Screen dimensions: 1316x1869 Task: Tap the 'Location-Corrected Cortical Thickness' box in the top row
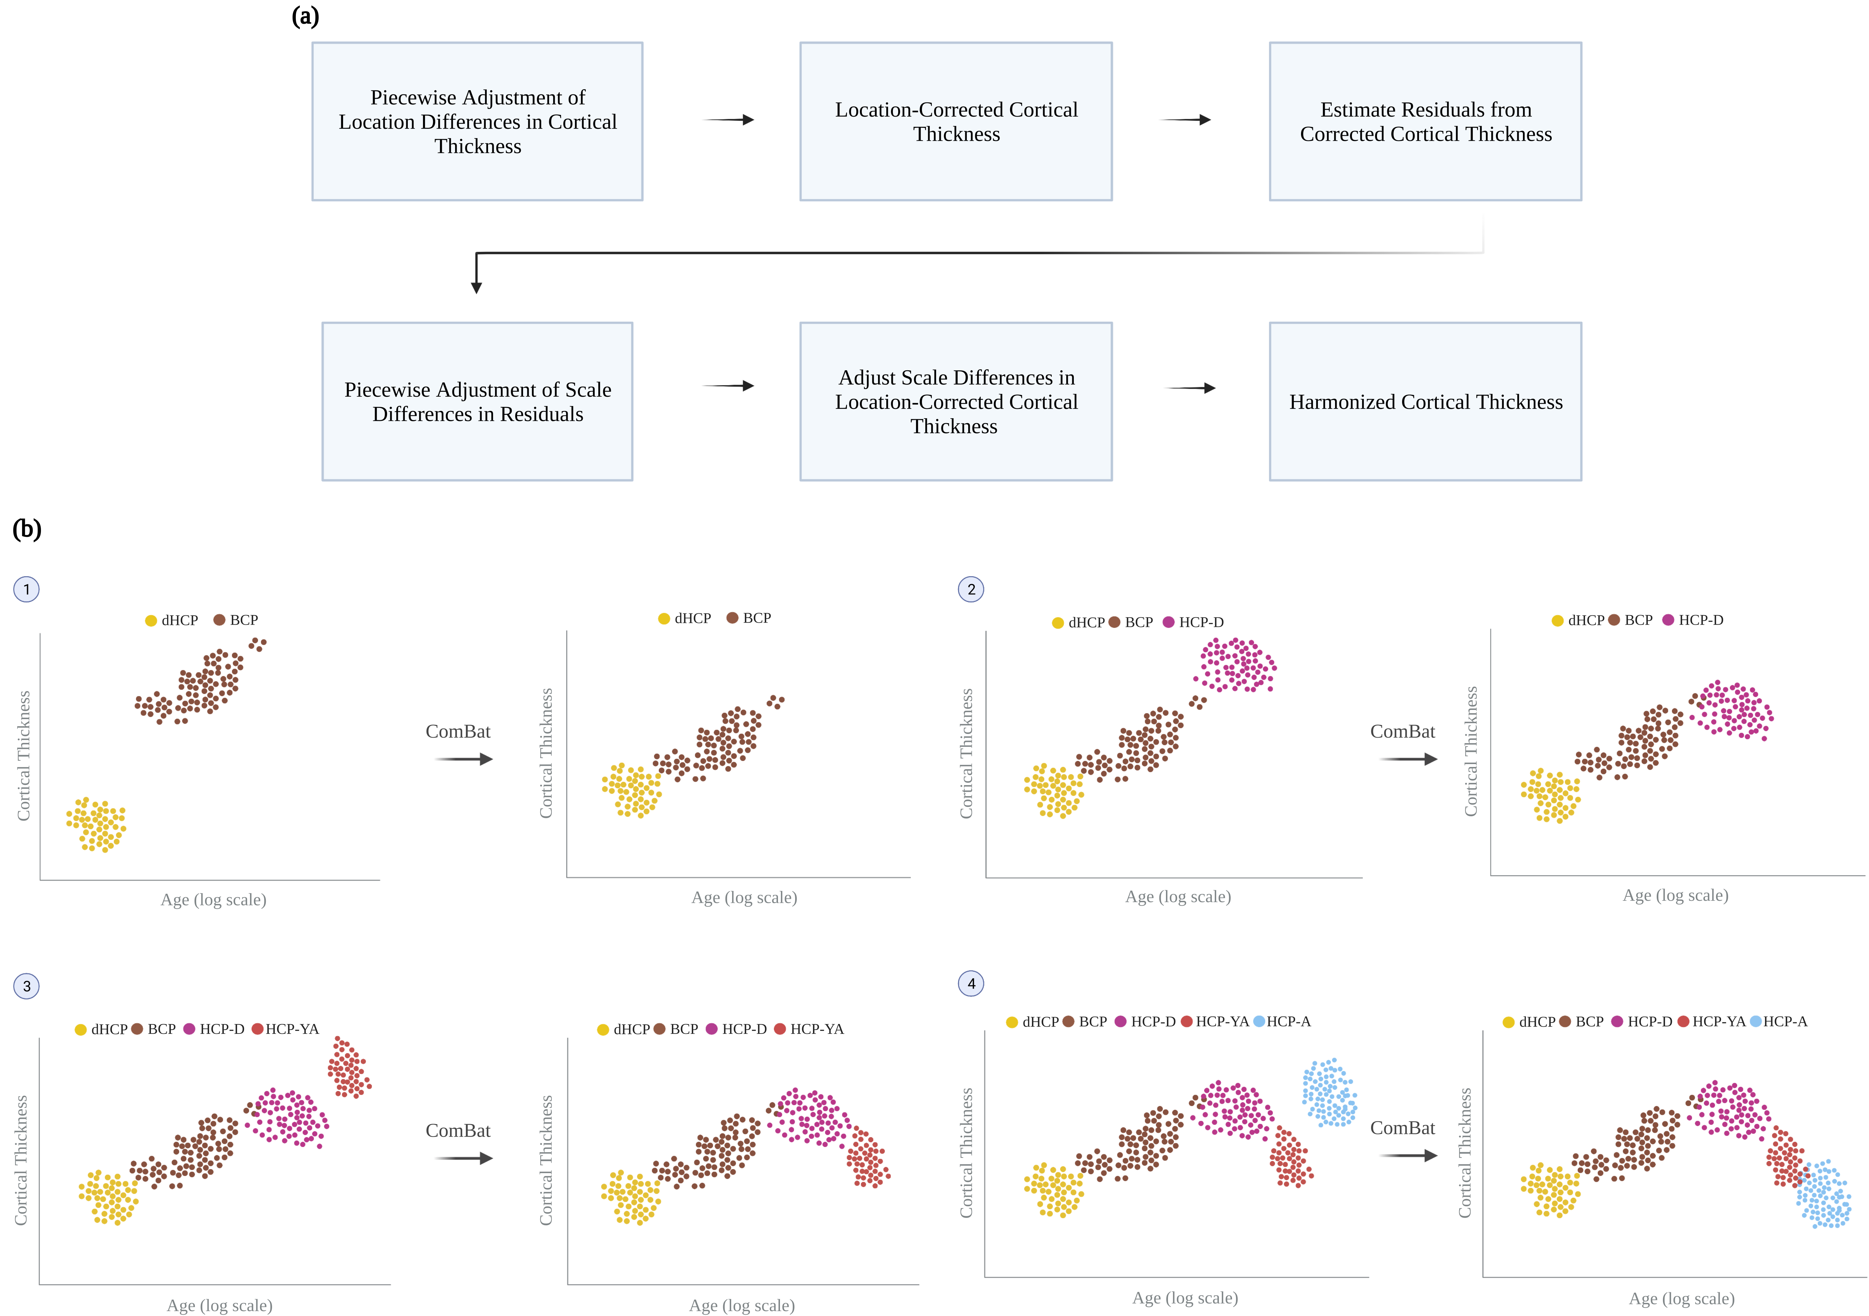(x=956, y=121)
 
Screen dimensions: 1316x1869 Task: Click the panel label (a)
(x=305, y=16)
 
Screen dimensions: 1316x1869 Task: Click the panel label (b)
(x=27, y=529)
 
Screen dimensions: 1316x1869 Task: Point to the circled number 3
(x=27, y=986)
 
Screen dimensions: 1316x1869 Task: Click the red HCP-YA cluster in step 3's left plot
(x=349, y=1067)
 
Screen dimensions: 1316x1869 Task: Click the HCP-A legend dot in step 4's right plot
(x=1756, y=1021)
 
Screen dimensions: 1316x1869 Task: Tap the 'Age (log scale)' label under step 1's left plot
(x=213, y=900)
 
